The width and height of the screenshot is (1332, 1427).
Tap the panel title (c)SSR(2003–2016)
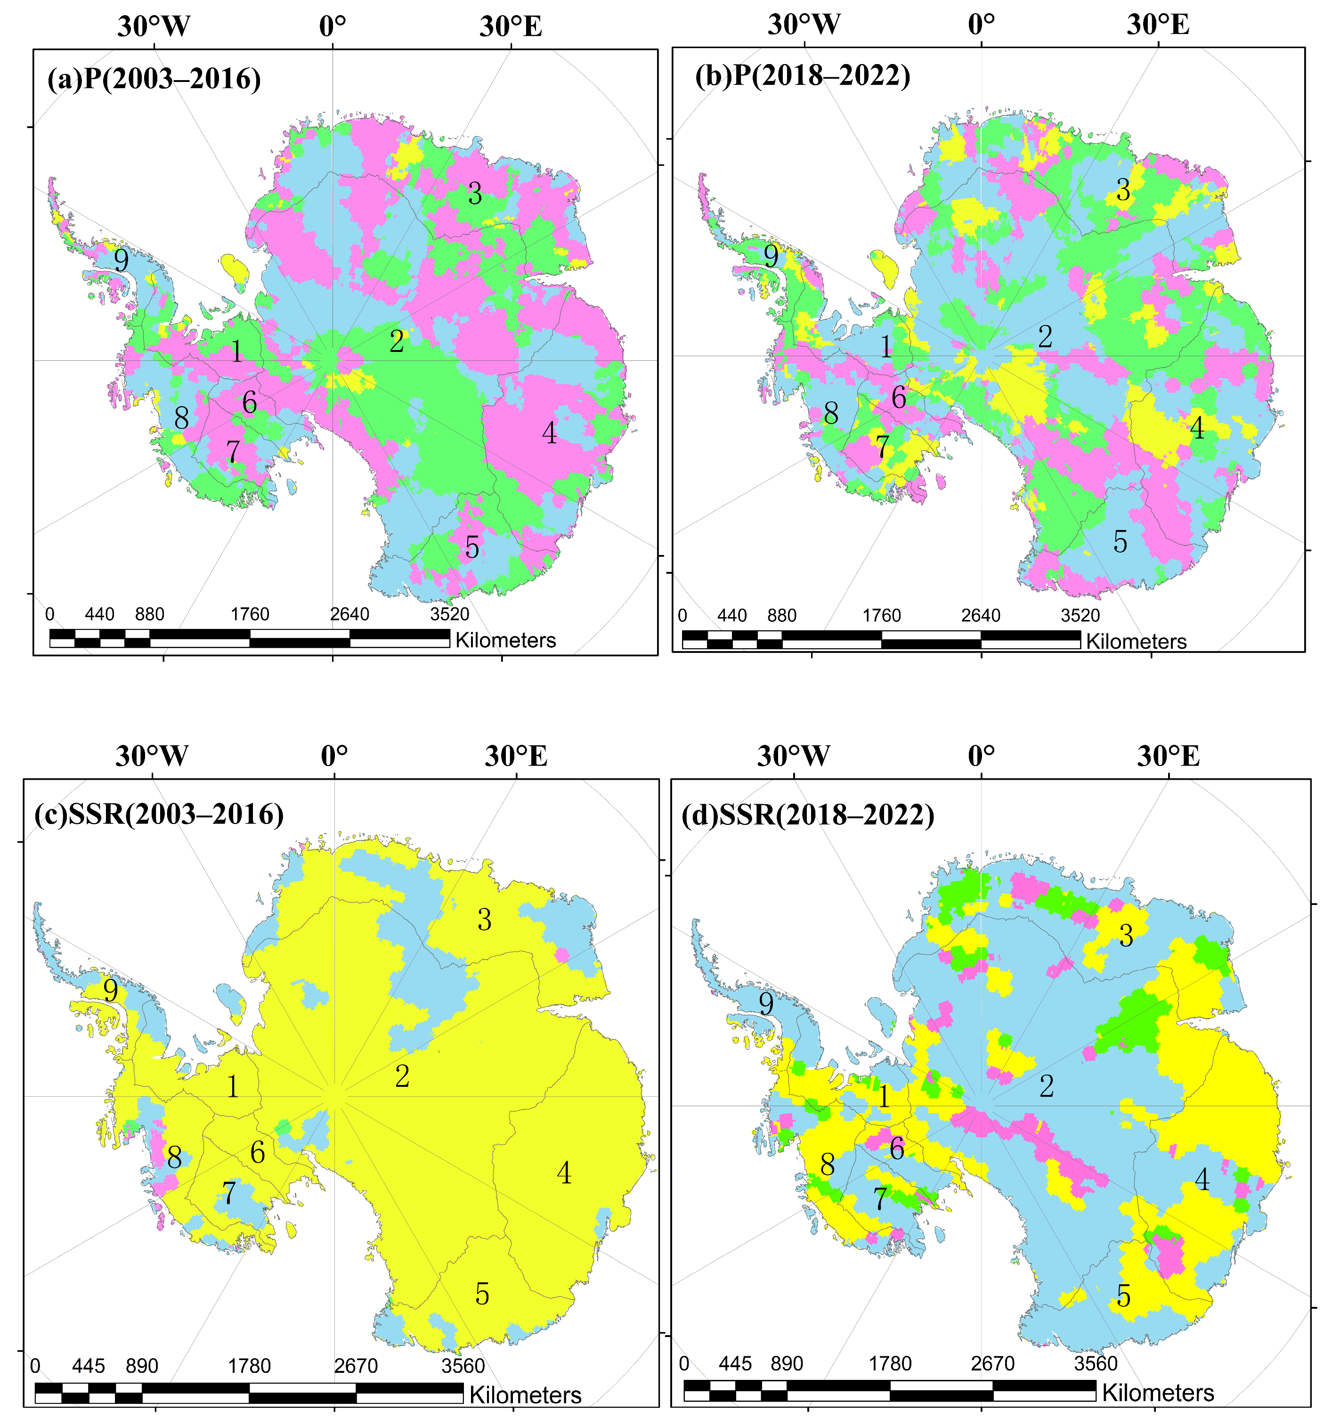pyautogui.click(x=159, y=814)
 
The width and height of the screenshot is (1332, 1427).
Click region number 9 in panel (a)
pyautogui.click(x=122, y=261)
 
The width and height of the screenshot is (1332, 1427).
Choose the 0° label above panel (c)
pyautogui.click(x=334, y=756)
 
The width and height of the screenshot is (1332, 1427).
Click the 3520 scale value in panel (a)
pyautogui.click(x=450, y=614)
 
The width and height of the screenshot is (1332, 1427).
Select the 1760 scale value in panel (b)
pyautogui.click(x=881, y=616)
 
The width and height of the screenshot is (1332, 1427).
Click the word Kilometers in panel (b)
pyautogui.click(x=1136, y=642)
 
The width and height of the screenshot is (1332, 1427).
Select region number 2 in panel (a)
pyautogui.click(x=397, y=342)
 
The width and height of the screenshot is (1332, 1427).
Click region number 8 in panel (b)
pyautogui.click(x=831, y=414)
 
